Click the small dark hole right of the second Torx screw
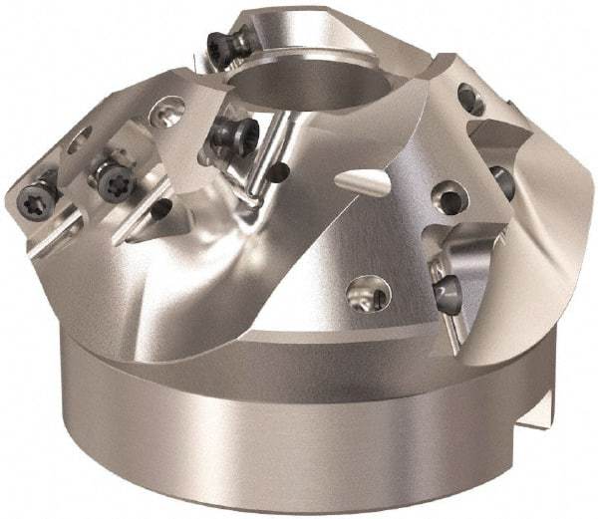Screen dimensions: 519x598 click(159, 208)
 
